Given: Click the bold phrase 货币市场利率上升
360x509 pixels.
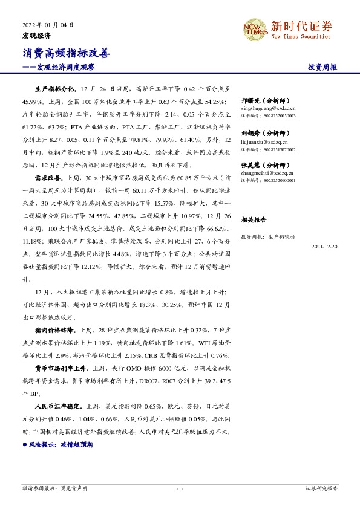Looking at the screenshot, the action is coord(62,367).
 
